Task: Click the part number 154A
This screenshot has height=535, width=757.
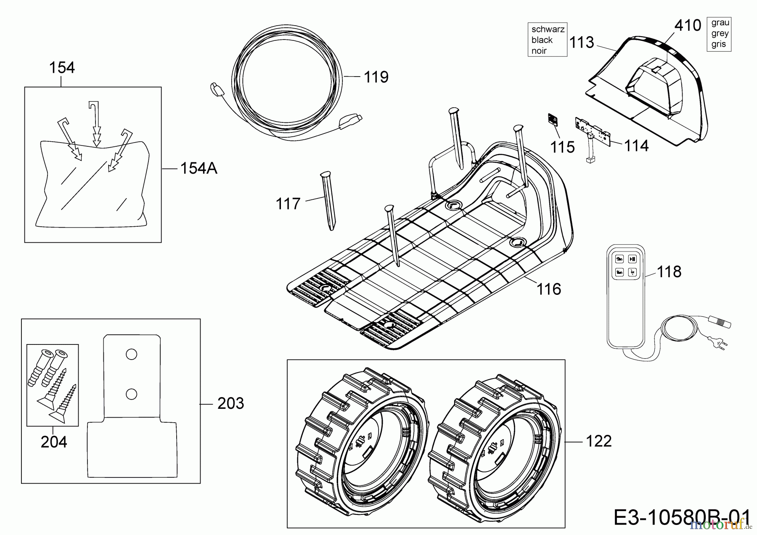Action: click(x=199, y=168)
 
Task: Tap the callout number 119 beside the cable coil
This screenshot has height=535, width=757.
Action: click(x=376, y=77)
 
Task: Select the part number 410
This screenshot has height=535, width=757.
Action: click(x=688, y=26)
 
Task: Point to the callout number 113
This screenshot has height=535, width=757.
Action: click(x=581, y=42)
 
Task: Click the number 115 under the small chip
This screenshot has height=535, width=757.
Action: click(x=562, y=147)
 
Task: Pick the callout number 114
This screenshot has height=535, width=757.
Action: click(x=636, y=146)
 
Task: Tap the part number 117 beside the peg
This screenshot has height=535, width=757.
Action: click(x=288, y=204)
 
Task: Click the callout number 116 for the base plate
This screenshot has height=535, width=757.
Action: click(x=549, y=289)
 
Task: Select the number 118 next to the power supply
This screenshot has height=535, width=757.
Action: click(x=669, y=272)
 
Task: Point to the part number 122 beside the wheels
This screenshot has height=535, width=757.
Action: click(x=598, y=441)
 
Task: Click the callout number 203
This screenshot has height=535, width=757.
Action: click(x=230, y=403)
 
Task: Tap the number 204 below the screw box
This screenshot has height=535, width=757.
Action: click(x=54, y=442)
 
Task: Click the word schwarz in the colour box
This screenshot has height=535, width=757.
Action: click(x=548, y=29)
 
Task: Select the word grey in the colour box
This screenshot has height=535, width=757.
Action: click(x=720, y=33)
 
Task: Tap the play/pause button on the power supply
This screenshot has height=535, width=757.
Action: click(x=632, y=259)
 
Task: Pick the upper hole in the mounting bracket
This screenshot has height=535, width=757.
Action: click(x=131, y=355)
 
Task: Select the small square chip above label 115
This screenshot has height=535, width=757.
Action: click(x=553, y=120)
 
